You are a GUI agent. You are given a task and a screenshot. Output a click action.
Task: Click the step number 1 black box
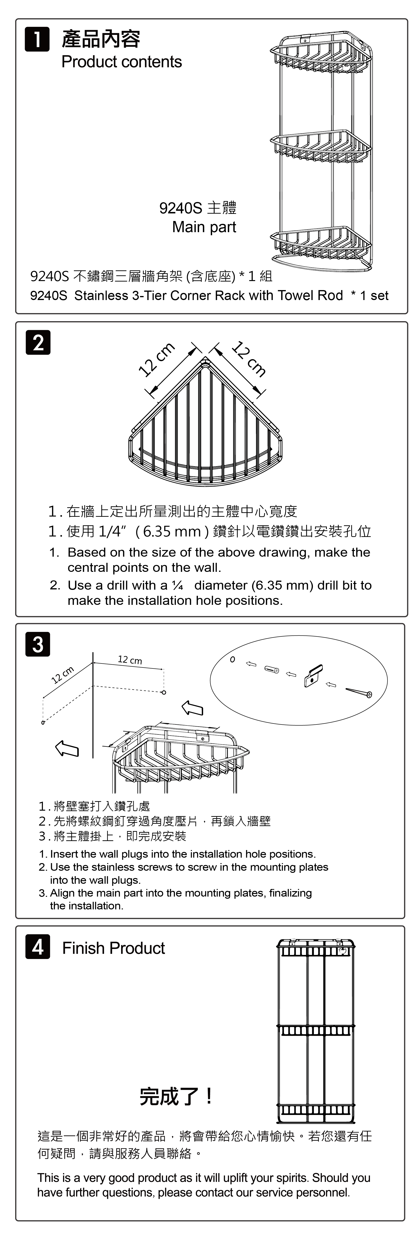tap(37, 39)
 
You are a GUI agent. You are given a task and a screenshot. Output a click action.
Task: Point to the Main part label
tap(204, 227)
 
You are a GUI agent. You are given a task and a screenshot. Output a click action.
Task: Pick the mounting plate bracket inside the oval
tap(313, 675)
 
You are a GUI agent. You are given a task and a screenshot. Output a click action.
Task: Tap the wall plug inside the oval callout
tap(272, 670)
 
